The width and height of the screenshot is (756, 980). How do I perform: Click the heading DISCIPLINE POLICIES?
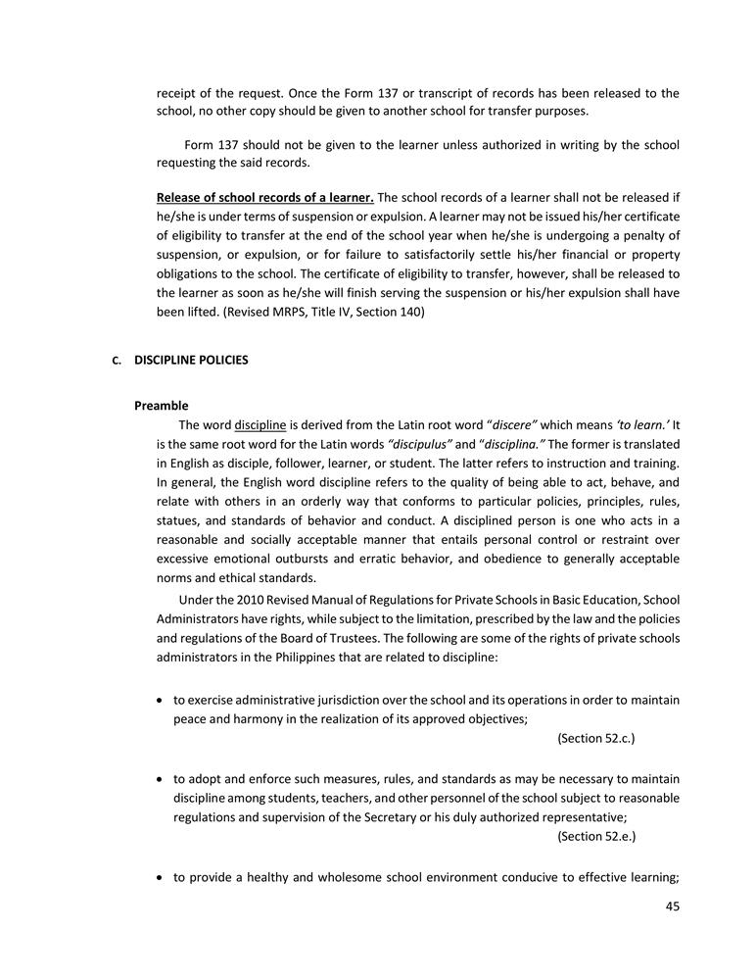191,360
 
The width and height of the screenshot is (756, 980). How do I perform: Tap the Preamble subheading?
162,405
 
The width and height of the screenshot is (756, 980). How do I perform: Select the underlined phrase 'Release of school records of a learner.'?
264,198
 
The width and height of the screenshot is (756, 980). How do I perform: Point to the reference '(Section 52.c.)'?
602,737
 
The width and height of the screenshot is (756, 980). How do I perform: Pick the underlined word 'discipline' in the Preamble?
260,425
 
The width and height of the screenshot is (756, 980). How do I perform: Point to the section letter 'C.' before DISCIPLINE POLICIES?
117,361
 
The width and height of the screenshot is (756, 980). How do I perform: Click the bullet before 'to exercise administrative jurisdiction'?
161,700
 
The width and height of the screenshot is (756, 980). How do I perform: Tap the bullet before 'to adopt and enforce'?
161,779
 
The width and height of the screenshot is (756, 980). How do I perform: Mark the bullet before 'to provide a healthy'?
161,878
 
